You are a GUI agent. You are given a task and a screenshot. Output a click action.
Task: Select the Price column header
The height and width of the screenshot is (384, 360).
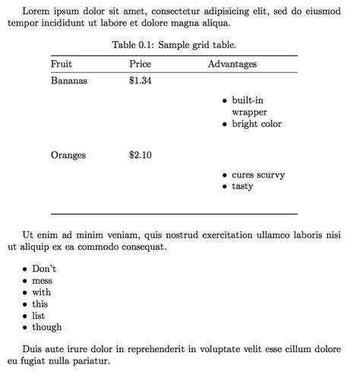coord(141,65)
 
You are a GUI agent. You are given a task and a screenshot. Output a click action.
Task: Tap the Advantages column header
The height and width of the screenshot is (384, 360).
coord(232,65)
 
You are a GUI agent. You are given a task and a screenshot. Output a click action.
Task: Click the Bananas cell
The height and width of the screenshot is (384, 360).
coord(69,80)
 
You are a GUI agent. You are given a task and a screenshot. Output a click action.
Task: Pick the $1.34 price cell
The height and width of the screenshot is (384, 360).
coord(141,80)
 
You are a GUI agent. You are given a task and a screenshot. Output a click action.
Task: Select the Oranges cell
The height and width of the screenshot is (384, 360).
coord(68,156)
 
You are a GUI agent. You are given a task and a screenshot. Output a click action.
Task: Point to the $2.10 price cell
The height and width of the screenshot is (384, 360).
coord(141,156)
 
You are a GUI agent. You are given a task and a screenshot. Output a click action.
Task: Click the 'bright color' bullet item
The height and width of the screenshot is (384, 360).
coord(257,124)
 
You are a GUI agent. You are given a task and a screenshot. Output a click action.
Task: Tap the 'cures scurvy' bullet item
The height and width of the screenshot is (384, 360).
coord(258,175)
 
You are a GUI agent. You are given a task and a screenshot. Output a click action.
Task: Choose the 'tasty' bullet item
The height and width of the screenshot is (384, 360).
coord(242,187)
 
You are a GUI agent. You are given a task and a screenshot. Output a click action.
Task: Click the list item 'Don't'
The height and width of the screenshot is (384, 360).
coord(44,269)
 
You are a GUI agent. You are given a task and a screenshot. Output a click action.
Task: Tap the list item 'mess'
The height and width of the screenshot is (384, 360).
coord(43,281)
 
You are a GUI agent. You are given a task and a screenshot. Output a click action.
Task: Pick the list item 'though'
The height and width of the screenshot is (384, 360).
coord(47,328)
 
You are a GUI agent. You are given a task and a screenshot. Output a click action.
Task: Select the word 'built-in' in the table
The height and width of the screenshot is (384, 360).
coord(248,101)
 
